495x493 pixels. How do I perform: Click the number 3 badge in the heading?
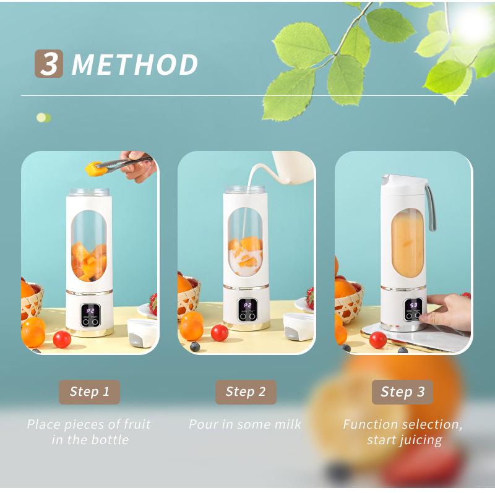click(49, 64)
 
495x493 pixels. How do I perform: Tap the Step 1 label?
click(90, 392)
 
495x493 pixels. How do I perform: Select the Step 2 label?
click(246, 392)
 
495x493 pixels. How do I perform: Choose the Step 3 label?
click(403, 392)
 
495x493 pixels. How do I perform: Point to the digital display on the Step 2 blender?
click(247, 305)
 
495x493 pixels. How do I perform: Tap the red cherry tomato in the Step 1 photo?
click(62, 339)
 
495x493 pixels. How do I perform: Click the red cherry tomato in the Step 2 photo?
click(220, 333)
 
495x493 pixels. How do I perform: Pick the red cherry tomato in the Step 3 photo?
click(378, 340)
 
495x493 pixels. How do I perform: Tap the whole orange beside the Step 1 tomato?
click(33, 333)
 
